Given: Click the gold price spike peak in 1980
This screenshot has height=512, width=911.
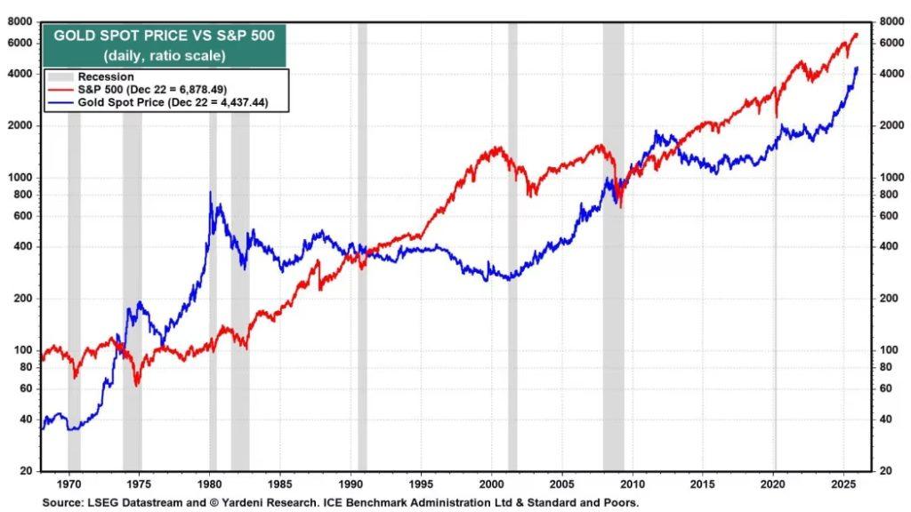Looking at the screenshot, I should (210, 192).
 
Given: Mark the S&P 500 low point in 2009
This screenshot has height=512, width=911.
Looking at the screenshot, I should (619, 207).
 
